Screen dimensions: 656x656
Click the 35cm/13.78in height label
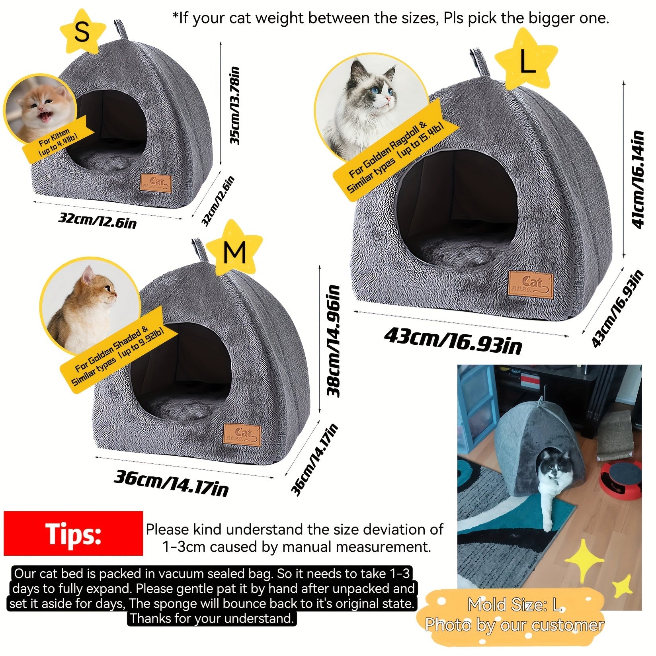pos(235,105)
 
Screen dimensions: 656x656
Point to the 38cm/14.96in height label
pos(334,341)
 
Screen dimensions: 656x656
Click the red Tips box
pos(73,533)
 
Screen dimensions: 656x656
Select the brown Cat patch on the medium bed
pos(242,435)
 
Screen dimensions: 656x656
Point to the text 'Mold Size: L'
pos(514,605)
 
